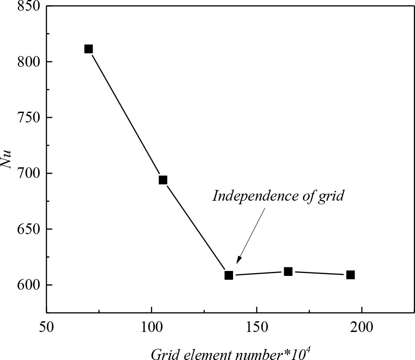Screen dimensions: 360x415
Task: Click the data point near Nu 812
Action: click(x=89, y=49)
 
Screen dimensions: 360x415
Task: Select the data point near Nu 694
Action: click(x=163, y=180)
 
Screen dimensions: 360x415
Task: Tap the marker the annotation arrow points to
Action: click(x=229, y=275)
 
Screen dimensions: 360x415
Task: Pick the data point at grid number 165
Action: click(x=288, y=271)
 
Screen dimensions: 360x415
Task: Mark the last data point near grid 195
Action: click(x=351, y=275)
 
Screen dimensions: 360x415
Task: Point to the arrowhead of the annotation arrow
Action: click(x=238, y=262)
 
